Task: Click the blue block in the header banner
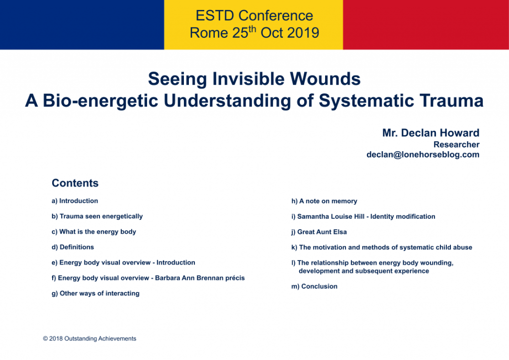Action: coord(82,25)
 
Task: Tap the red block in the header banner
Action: coord(426,25)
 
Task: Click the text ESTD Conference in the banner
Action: coord(254,15)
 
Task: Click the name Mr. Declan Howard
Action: coord(431,133)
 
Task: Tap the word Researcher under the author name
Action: coord(456,145)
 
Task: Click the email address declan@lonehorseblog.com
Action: coord(423,155)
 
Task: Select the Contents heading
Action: coord(75,183)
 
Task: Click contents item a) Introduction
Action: coord(75,201)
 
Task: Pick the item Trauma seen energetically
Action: coord(101,216)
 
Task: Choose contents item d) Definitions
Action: coord(73,247)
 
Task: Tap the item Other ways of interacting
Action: coord(99,293)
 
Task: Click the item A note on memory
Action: coord(328,201)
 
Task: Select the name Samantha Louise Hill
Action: coord(331,216)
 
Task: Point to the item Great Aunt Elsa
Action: coord(322,232)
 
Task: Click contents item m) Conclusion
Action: coord(314,286)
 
